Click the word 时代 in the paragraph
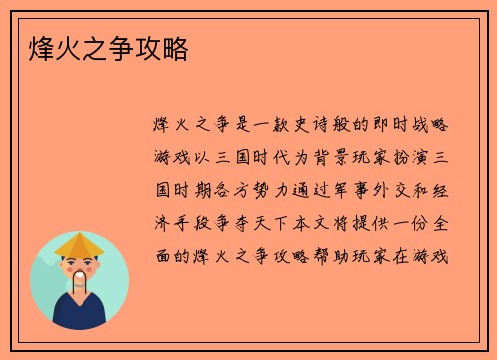point(269,159)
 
